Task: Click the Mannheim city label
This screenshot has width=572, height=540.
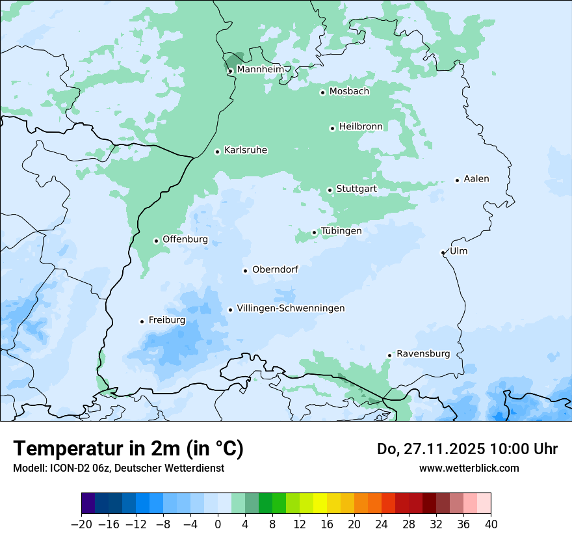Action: tap(260, 69)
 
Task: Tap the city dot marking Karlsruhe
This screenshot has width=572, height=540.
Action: tap(218, 152)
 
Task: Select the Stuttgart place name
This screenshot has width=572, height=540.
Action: tap(356, 189)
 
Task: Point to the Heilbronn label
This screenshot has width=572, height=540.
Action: tap(361, 126)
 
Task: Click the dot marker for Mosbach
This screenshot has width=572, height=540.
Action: tap(322, 92)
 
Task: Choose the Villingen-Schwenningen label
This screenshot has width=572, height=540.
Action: tap(291, 308)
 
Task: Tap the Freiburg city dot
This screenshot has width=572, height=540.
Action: tap(142, 321)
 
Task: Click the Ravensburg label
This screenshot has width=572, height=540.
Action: tap(423, 353)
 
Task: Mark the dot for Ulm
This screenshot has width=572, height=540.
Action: tap(443, 252)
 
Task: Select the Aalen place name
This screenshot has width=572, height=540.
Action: tap(476, 179)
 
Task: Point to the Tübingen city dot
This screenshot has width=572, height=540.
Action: tap(315, 232)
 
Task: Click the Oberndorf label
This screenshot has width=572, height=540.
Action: tap(275, 269)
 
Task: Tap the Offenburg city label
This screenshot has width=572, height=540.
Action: tap(185, 239)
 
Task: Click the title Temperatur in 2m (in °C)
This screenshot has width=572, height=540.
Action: tap(128, 448)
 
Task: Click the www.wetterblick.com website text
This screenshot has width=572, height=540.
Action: tap(469, 468)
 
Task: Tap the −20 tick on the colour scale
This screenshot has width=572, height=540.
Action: tap(81, 524)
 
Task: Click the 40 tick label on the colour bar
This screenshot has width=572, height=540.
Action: tap(491, 524)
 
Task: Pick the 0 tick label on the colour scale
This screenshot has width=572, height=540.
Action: tap(218, 524)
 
